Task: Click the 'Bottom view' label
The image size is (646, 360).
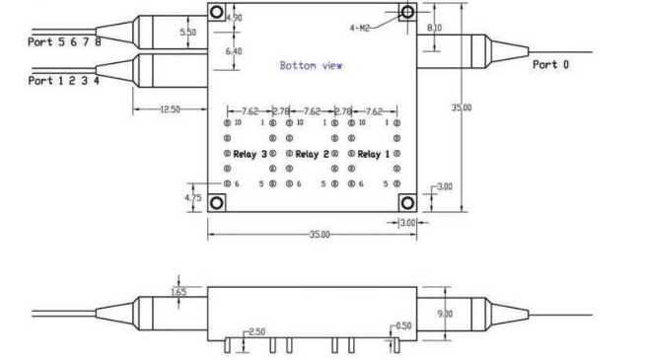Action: [311, 67]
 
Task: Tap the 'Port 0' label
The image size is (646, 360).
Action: [551, 65]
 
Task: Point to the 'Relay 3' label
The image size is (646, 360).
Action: [250, 155]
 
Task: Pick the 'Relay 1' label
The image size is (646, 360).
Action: [373, 155]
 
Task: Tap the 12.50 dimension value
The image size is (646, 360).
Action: [169, 109]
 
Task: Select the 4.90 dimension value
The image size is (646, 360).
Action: [235, 18]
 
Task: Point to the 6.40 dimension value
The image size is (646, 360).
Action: [235, 50]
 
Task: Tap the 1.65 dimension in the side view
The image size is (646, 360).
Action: [179, 291]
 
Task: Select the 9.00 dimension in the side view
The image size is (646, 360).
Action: [446, 314]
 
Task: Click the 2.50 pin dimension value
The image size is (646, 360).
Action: [256, 330]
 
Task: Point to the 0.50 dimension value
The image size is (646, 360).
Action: [402, 325]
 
